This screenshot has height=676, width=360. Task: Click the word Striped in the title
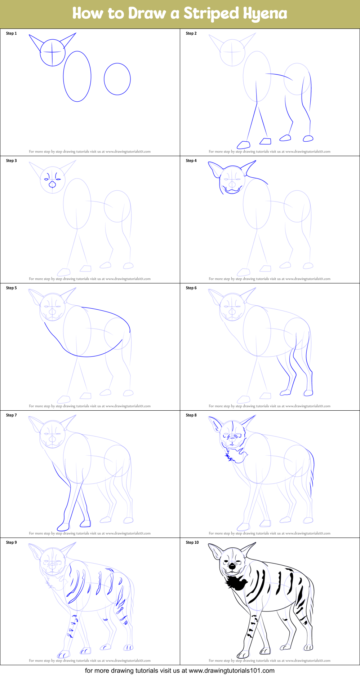[x=211, y=14]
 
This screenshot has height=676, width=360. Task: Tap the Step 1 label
[x=12, y=34]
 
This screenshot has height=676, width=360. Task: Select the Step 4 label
[x=191, y=161]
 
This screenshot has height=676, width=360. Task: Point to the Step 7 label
[x=12, y=415]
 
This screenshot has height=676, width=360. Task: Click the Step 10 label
[x=192, y=543]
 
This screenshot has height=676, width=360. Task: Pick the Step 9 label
[x=12, y=543]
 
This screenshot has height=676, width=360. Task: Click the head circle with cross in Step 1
[x=53, y=53]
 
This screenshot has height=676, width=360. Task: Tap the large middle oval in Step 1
[x=77, y=76]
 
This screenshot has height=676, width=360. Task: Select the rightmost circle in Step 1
[x=117, y=79]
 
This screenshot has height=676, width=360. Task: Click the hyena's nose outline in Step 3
[x=53, y=184]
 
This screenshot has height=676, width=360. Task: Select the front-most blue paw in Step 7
[x=63, y=526]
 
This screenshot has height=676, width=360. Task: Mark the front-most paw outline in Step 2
[x=244, y=145]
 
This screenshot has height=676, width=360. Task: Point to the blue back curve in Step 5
[x=108, y=312]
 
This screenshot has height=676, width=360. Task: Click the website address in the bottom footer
[x=231, y=671]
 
